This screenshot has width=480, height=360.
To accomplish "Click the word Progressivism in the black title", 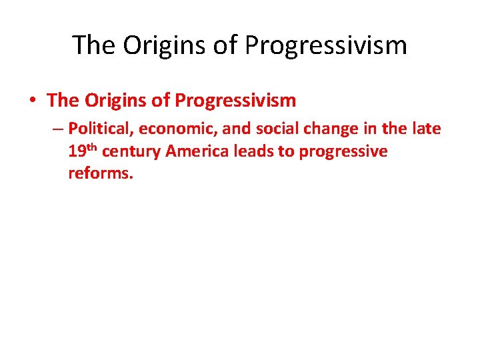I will [x=326, y=45].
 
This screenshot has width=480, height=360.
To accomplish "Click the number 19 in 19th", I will [x=77, y=152].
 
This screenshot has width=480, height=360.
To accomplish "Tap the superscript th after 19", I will [x=92, y=148].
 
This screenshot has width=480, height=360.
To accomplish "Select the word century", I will [x=131, y=152].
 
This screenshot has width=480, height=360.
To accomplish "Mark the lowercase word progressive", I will [x=343, y=152].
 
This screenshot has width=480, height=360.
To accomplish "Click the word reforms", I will [x=101, y=175].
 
